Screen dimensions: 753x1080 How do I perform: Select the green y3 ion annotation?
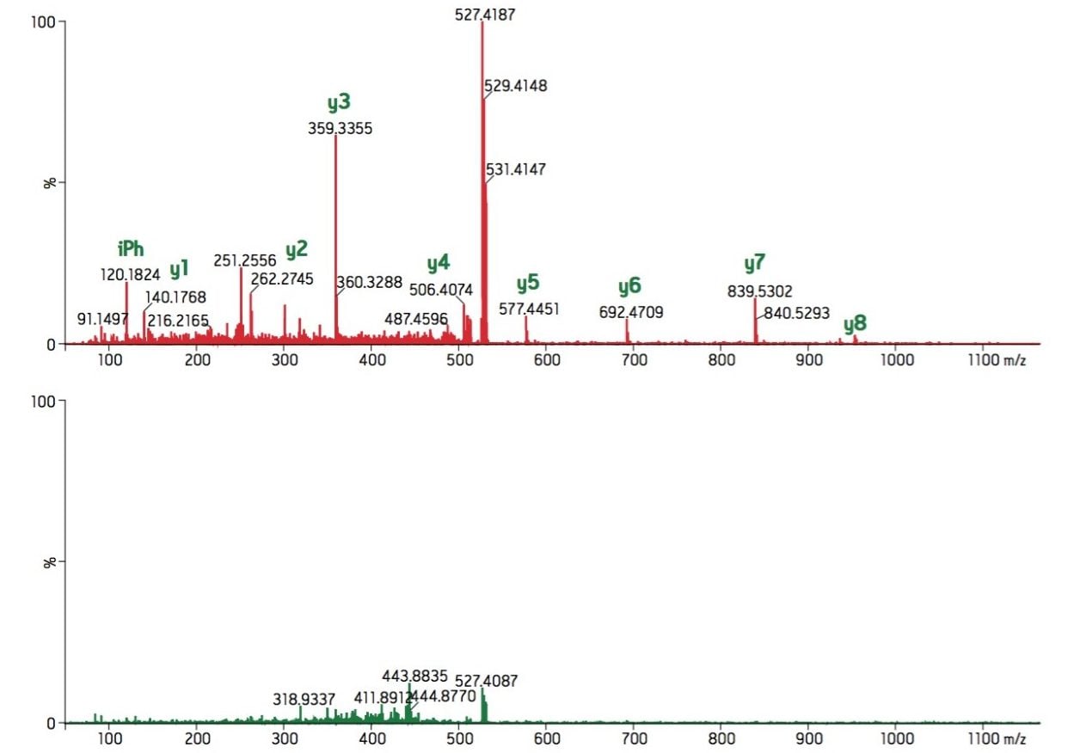(339, 102)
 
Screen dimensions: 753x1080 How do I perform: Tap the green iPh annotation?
(131, 249)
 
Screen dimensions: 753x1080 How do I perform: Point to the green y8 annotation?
(855, 324)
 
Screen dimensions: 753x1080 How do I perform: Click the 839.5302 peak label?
(759, 291)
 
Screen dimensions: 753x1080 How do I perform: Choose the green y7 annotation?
(754, 263)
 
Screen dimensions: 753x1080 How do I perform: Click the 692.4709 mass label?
(630, 312)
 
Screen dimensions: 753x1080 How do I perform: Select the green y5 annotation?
(527, 283)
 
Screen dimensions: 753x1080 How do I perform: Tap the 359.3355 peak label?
(340, 129)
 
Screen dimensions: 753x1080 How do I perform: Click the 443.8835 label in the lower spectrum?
(414, 676)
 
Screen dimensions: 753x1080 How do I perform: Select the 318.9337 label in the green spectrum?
(304, 700)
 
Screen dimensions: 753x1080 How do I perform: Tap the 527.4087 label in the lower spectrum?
(487, 682)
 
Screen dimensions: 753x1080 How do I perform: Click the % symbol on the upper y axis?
(50, 182)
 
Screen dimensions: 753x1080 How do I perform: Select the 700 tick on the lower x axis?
(634, 739)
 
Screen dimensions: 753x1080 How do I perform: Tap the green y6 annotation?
(629, 286)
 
